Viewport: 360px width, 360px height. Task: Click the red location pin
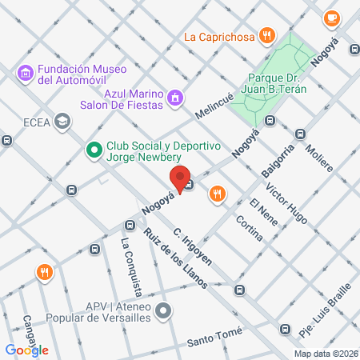pos(180,178)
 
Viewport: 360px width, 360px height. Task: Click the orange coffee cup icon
pos(331,17)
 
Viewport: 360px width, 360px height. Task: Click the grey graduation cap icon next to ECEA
pos(62,122)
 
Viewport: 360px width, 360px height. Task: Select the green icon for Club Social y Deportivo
pos(94,148)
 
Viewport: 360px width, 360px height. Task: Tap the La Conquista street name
pos(132,265)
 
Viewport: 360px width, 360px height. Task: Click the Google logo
pos(26,350)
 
